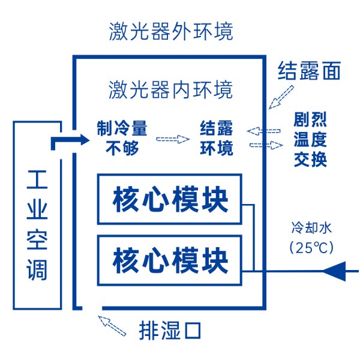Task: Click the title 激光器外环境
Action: coord(171,31)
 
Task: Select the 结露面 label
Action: coord(309,71)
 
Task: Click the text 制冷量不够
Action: coord(122,138)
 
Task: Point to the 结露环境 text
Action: coord(217,138)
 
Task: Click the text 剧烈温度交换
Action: coord(310,140)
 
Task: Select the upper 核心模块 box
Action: coord(170,199)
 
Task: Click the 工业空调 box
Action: coord(37,215)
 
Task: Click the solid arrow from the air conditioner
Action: coord(67,140)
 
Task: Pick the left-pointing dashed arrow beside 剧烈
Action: coord(263,130)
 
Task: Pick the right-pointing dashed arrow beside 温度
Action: coord(266,145)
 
